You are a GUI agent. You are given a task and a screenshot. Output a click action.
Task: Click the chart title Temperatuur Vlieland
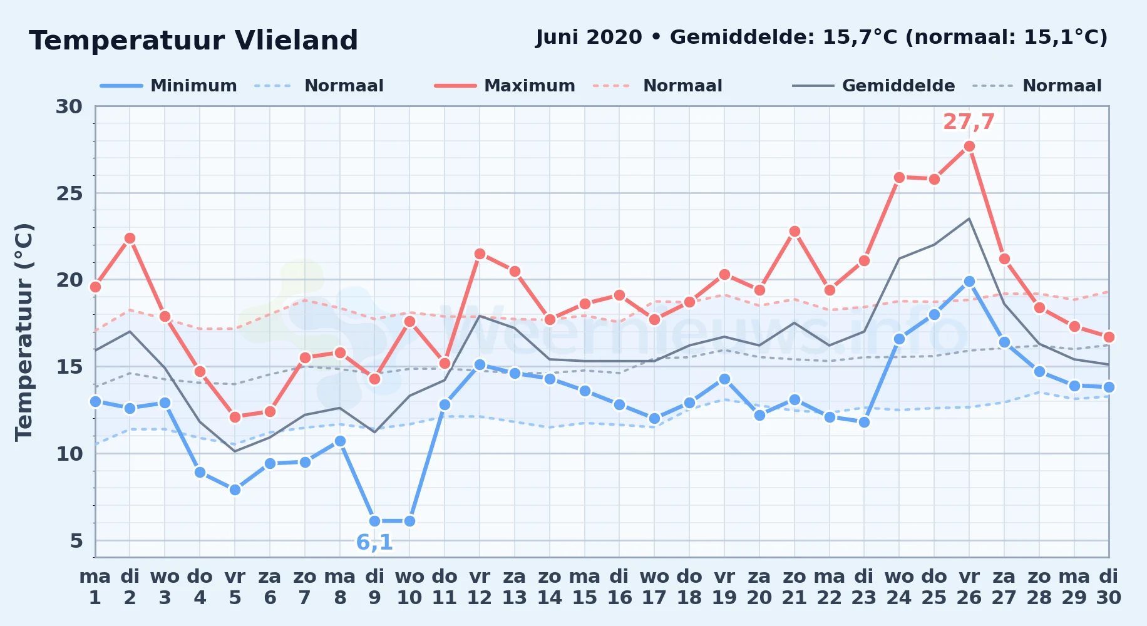193,41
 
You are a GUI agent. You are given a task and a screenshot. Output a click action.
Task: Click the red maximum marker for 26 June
969,146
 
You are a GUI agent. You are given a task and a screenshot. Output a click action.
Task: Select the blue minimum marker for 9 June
375,521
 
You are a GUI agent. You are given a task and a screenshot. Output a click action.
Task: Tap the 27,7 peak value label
969,122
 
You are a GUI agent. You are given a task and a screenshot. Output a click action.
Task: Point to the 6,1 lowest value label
374,543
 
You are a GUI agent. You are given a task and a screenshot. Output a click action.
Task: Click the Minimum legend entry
169,86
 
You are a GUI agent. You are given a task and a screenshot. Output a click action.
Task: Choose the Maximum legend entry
505,86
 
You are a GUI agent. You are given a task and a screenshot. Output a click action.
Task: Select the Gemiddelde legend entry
874,86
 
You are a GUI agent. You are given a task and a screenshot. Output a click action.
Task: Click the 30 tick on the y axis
69,106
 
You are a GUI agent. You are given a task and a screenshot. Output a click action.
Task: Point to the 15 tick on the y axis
69,367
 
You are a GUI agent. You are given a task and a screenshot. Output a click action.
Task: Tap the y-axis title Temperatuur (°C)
24,332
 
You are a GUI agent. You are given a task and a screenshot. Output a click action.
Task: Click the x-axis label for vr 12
480,587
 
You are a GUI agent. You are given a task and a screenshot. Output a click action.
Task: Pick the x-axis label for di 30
1108,587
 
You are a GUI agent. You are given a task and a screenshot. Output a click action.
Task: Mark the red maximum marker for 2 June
130,239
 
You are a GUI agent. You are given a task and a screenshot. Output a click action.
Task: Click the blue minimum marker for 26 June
969,282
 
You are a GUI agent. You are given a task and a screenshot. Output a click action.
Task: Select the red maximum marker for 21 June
795,232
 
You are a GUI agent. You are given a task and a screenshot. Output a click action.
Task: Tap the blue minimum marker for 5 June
235,490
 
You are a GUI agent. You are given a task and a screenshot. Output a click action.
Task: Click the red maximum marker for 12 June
480,254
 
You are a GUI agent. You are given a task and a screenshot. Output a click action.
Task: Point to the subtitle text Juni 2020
589,38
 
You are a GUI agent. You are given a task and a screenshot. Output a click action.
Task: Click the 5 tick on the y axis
76,541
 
